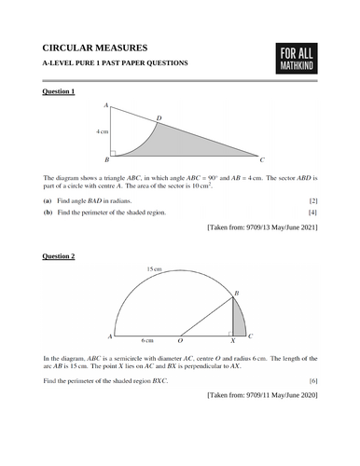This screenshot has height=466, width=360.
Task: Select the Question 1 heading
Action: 60,92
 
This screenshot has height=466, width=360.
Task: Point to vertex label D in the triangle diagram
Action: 158,117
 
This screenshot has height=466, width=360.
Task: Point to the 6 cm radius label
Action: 146,342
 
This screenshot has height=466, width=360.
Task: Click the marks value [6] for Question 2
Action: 312,382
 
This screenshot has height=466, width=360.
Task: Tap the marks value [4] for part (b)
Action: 312,212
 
